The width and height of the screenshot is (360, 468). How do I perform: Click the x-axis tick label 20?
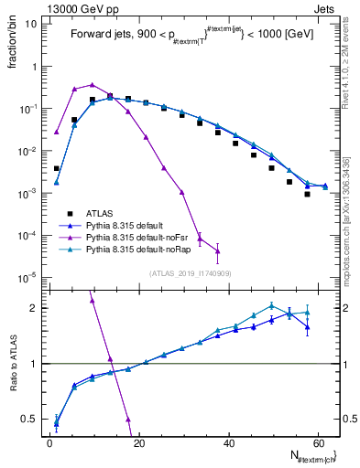pos(138,442)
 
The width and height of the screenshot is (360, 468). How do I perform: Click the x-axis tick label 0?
pos(49,442)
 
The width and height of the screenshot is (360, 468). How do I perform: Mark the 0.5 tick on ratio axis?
pos(31,420)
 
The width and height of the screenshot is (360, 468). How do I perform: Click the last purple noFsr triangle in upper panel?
pos(217,251)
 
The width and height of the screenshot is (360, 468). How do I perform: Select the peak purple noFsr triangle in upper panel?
pos(93,84)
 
